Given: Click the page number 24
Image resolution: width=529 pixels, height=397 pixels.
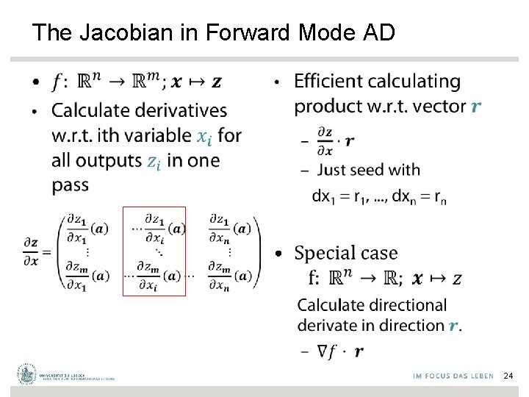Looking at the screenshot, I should click(508, 376).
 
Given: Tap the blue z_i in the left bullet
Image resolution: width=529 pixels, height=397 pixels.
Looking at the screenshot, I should click(154, 161).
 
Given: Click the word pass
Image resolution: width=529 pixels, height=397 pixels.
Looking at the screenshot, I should click(70, 185).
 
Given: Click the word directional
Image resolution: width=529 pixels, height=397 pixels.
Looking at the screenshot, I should click(409, 305).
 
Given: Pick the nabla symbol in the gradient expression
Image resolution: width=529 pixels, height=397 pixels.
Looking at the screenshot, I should click(323, 351).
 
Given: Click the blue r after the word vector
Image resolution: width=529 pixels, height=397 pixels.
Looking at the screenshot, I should click(476, 107).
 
